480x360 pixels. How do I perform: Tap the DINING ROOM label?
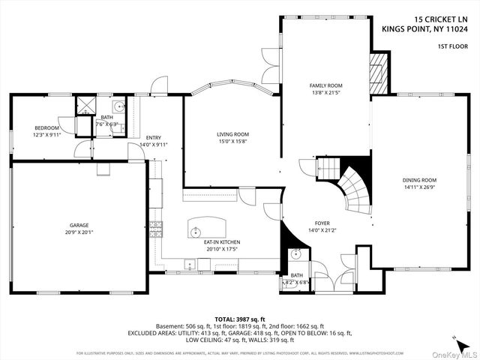click(418, 180)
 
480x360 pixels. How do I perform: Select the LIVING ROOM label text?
click(232, 133)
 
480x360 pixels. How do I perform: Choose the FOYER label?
click(322, 223)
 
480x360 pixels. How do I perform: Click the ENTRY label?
click(153, 137)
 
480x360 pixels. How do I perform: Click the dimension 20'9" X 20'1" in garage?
click(80, 232)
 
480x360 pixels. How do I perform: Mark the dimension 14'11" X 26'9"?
click(418, 187)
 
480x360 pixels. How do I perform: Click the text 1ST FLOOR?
click(453, 46)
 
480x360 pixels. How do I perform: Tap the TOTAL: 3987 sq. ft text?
click(239, 319)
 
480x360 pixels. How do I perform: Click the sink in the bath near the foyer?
click(295, 256)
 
